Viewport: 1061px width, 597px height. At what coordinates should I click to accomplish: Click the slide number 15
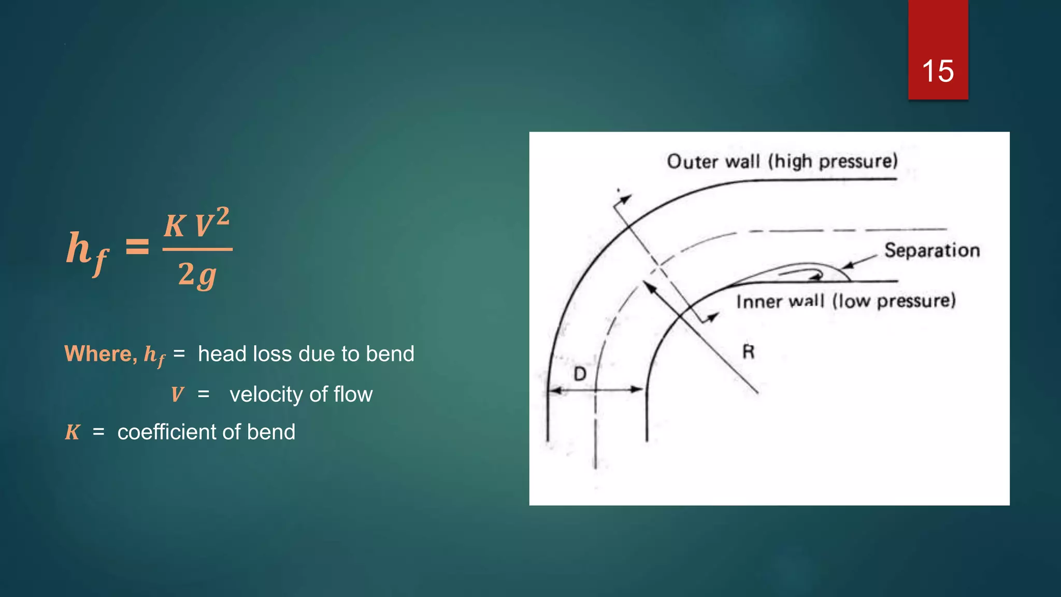938,71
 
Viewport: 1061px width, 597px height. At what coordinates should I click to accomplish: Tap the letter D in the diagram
580,374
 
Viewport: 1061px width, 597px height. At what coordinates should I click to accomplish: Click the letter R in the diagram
748,352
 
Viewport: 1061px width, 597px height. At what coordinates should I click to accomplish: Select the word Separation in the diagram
931,250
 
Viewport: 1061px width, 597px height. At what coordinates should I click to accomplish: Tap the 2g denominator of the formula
197,274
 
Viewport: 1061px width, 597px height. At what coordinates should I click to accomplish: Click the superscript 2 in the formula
222,216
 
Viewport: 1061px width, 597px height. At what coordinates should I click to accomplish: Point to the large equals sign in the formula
138,247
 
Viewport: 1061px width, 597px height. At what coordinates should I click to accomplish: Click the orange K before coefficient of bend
72,432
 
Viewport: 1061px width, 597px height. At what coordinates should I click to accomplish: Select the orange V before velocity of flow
177,395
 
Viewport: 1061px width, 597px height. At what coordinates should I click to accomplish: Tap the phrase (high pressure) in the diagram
833,162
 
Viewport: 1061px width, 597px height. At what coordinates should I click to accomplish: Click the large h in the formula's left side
79,247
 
